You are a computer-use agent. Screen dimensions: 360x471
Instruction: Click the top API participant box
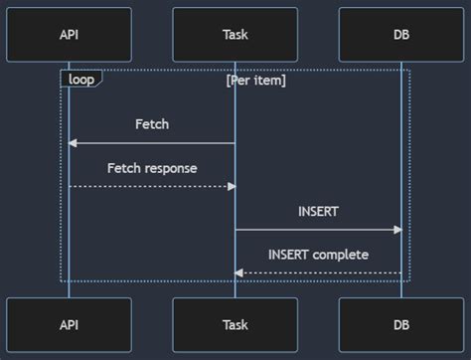(x=69, y=35)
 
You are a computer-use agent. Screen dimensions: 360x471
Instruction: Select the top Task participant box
(x=235, y=35)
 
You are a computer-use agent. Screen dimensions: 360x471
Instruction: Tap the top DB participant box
(x=401, y=35)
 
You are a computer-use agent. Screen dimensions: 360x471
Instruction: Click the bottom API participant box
(x=69, y=324)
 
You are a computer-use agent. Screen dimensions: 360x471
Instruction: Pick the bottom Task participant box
(x=235, y=324)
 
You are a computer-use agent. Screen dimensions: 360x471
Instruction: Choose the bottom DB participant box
(x=401, y=324)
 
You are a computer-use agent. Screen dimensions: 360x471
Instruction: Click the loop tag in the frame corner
(x=80, y=79)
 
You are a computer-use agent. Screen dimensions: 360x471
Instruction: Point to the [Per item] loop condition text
(x=255, y=80)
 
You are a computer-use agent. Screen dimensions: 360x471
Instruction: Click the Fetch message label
(x=152, y=124)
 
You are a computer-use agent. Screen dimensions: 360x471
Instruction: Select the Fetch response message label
(x=152, y=168)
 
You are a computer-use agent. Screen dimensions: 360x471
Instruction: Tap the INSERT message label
(x=318, y=212)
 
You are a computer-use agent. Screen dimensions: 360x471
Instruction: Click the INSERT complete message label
(x=318, y=255)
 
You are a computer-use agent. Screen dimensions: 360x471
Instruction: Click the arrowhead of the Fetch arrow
(x=73, y=143)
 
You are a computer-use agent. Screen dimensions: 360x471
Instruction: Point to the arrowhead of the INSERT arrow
(x=397, y=230)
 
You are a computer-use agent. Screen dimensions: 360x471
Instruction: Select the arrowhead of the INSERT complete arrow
(x=238, y=272)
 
